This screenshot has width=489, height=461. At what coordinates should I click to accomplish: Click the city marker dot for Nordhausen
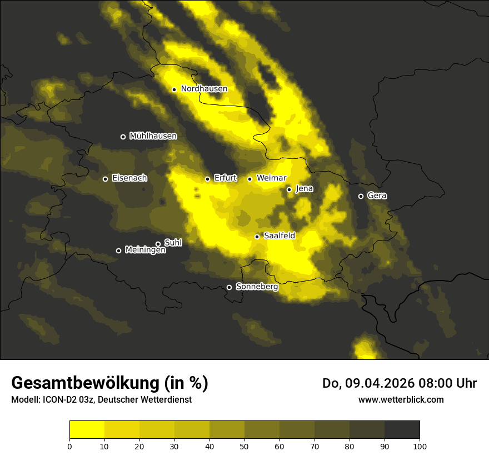click(x=174, y=89)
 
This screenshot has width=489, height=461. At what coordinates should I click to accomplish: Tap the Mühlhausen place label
click(x=153, y=136)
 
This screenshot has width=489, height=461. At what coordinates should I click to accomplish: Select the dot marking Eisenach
click(x=105, y=179)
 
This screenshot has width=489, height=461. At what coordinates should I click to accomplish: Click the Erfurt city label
click(x=225, y=178)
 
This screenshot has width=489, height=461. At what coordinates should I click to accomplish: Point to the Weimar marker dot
click(x=250, y=179)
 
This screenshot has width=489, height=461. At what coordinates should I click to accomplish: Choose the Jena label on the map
click(x=304, y=189)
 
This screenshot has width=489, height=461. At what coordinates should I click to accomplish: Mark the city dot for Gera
click(x=361, y=196)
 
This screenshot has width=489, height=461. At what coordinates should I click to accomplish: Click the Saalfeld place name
click(x=279, y=236)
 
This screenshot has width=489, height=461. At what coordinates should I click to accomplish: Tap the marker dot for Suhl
click(x=158, y=244)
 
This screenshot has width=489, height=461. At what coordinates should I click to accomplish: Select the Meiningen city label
click(x=145, y=250)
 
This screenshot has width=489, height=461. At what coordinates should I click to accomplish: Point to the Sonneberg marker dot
click(x=229, y=287)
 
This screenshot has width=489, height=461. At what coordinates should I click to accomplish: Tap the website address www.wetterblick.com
click(x=401, y=399)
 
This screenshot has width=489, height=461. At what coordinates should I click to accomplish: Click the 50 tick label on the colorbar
click(x=244, y=445)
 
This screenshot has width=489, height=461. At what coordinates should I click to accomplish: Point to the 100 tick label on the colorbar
click(x=420, y=445)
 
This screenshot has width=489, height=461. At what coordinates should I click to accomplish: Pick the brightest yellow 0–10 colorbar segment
click(x=87, y=430)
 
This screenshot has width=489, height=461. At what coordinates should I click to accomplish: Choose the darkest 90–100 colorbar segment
click(x=402, y=430)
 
